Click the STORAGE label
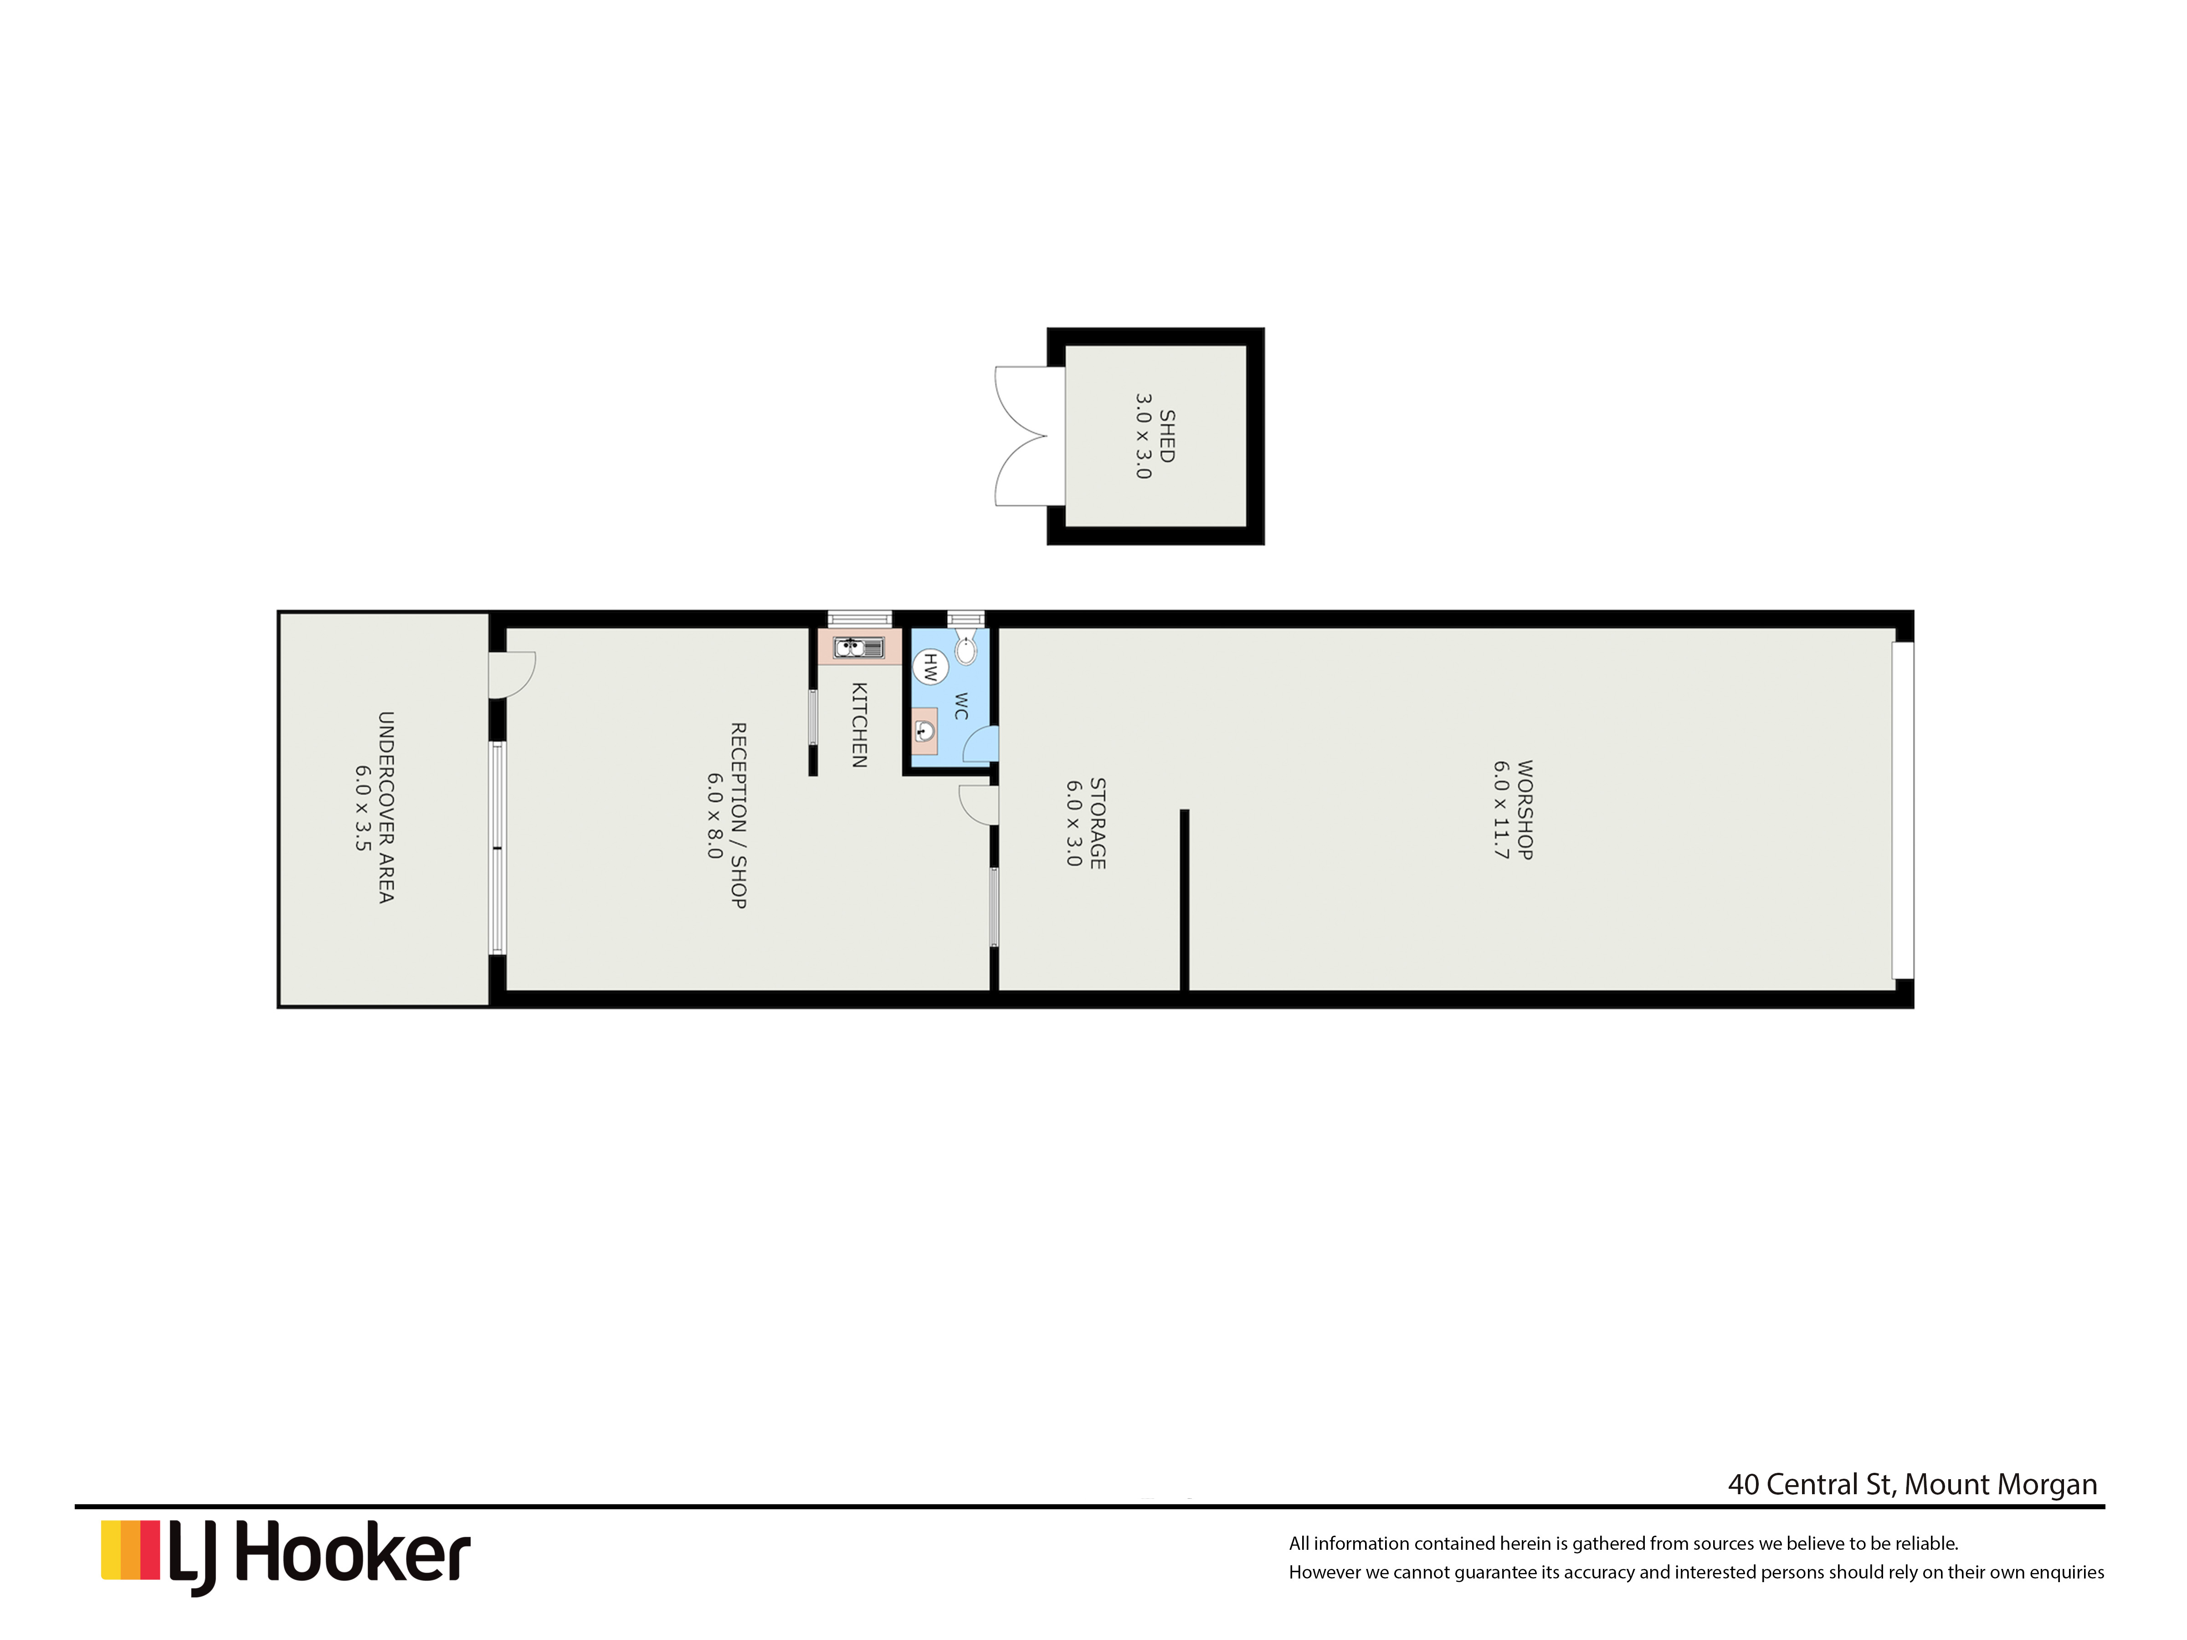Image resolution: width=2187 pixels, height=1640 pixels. point(1098,824)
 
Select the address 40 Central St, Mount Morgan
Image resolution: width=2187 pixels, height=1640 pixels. point(1912,1485)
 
